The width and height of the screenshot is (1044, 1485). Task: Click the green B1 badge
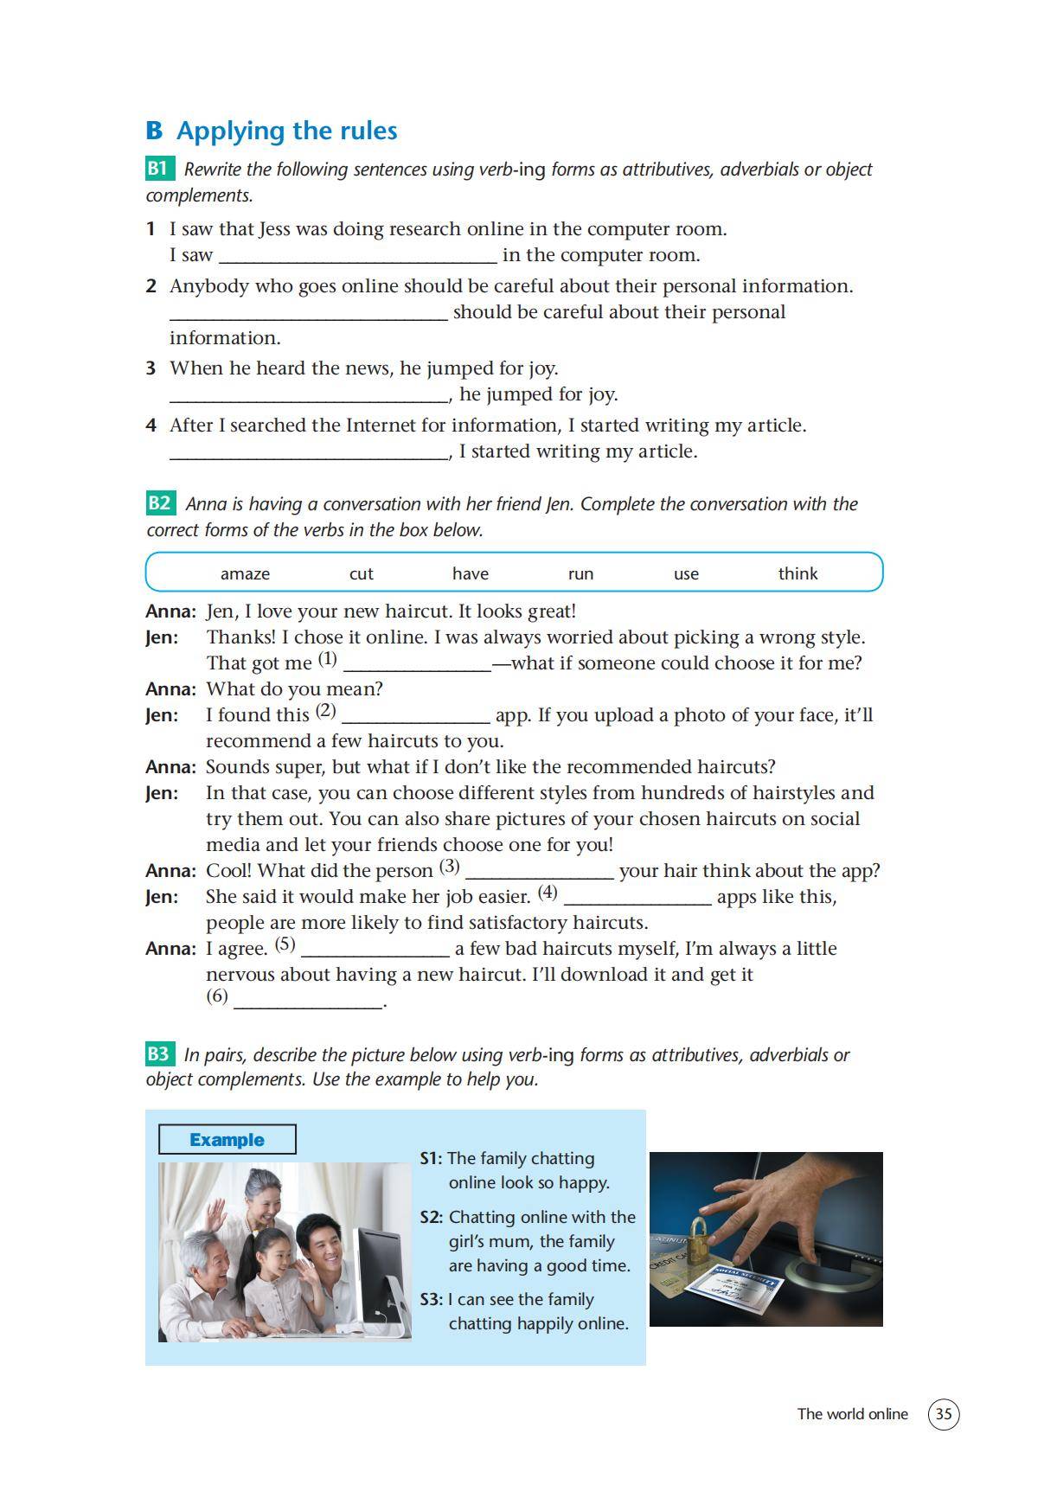click(159, 168)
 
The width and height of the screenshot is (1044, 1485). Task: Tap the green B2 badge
click(160, 502)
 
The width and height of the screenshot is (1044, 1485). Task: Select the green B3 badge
click(159, 1053)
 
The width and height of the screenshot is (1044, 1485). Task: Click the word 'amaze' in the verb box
click(245, 573)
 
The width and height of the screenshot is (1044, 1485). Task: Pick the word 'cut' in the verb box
click(361, 573)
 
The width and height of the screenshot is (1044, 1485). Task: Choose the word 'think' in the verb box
click(797, 573)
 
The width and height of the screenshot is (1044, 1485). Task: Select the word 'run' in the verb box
click(580, 573)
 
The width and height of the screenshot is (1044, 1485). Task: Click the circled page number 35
click(943, 1414)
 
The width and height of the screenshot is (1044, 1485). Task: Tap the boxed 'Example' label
click(227, 1139)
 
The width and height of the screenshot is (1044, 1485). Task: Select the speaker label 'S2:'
click(431, 1217)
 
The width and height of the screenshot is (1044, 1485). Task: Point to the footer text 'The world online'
click(852, 1414)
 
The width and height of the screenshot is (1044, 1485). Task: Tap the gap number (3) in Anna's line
click(449, 866)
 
